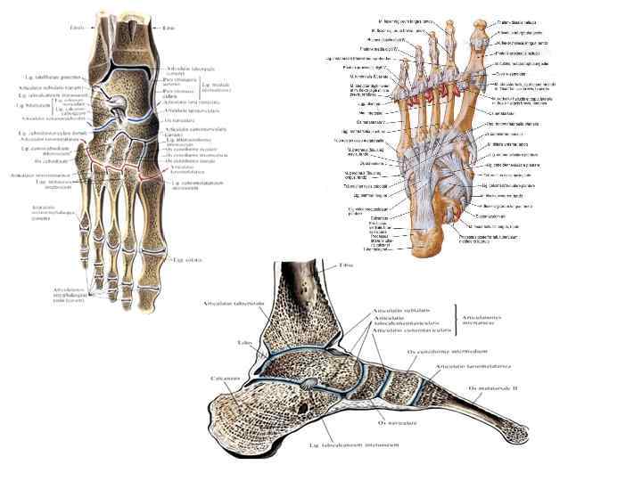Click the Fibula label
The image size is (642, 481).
click(78, 27)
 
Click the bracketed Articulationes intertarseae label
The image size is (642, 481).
click(490, 319)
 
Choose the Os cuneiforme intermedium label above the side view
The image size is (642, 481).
click(446, 353)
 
